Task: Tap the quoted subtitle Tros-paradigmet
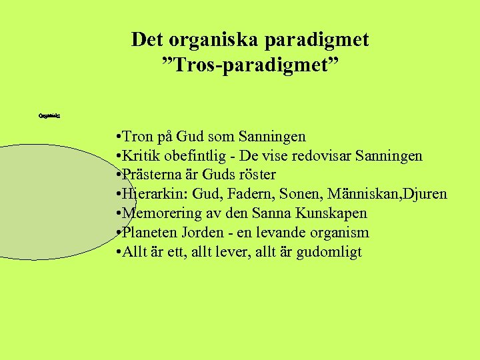[x=250, y=65]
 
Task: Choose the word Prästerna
[x=153, y=175]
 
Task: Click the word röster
[x=257, y=175]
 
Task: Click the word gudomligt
[x=328, y=252]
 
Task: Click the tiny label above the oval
[x=49, y=115]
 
